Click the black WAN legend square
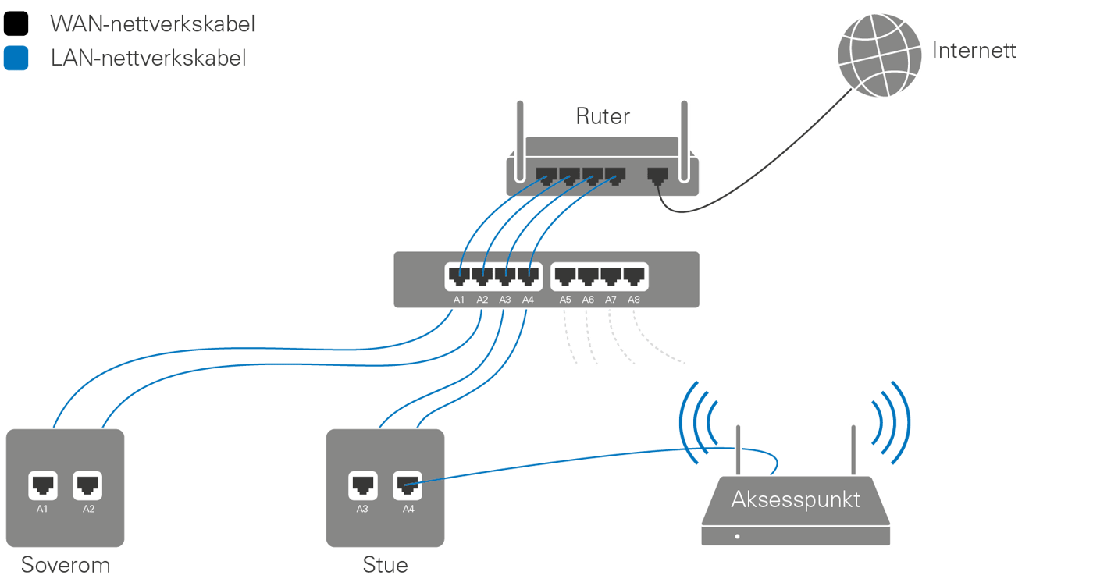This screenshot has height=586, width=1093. click(16, 23)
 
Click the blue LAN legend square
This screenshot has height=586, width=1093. click(16, 59)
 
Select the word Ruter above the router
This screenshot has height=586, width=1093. click(603, 116)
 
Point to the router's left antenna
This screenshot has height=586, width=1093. click(518, 129)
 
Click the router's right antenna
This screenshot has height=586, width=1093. click(685, 129)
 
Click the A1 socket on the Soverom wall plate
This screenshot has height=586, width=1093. click(42, 485)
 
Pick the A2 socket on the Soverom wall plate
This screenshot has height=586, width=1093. click(87, 485)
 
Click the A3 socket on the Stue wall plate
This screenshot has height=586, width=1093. click(362, 485)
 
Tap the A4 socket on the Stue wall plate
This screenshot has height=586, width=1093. click(407, 485)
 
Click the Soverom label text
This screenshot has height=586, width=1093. click(66, 564)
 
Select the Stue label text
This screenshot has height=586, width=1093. click(385, 564)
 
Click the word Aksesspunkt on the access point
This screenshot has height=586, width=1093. click(796, 499)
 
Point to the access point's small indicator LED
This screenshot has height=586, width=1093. click(737, 536)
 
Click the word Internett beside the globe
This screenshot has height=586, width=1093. click(974, 51)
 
